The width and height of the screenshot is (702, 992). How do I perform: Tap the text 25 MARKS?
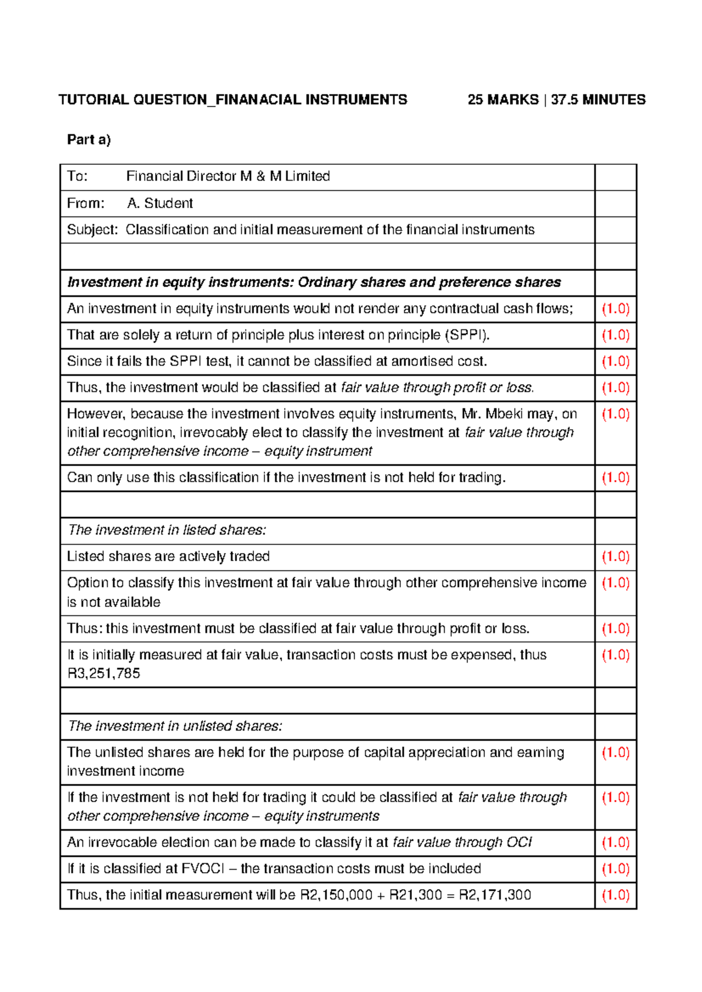coord(503,100)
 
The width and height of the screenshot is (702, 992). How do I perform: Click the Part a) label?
coord(89,140)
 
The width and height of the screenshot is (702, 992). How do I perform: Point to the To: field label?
coord(77,177)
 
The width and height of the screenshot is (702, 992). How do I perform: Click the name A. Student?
coord(160,204)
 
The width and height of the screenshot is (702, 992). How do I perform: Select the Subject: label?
coord(92,230)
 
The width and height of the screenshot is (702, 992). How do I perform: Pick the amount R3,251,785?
coord(104,674)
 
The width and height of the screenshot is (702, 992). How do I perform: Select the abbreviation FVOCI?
coord(202,869)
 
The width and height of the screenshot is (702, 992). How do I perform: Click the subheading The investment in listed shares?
coord(167,531)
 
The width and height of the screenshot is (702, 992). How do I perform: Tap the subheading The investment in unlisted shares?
coord(175,726)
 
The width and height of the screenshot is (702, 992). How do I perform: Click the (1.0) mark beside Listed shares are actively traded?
coord(615,557)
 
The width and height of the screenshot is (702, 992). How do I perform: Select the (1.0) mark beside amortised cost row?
coord(615,361)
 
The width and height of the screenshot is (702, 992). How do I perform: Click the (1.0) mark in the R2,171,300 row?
coord(615,895)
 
